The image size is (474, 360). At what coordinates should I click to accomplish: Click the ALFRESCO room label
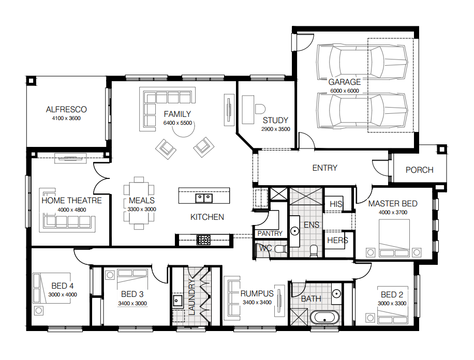66,110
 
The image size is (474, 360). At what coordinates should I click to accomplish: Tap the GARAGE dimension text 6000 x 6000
345,91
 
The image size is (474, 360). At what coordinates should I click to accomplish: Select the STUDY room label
275,121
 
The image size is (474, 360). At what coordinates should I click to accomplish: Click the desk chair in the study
260,109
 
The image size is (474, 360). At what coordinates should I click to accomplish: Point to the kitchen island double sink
204,198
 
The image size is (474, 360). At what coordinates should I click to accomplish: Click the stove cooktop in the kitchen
203,240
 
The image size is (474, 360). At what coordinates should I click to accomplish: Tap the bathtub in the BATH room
324,318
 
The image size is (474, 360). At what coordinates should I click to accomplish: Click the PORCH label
419,170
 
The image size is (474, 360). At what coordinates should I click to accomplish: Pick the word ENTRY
324,168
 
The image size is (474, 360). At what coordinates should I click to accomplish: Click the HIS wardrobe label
336,204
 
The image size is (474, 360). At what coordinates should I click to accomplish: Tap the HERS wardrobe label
337,241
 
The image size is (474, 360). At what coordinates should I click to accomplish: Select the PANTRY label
270,233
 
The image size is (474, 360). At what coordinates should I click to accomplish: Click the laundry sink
177,301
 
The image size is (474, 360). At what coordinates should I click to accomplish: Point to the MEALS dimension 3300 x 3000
142,209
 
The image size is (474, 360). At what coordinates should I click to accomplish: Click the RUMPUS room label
257,293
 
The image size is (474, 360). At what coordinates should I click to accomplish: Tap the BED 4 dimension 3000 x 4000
63,294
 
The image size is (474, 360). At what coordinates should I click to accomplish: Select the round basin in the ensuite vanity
294,231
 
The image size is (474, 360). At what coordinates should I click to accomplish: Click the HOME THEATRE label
71,200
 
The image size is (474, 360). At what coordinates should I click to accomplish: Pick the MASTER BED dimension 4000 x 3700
393,212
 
